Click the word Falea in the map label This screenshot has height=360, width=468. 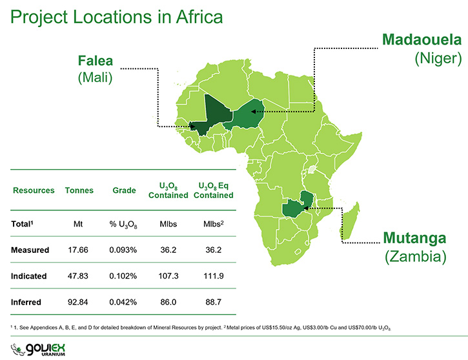(x=96, y=61)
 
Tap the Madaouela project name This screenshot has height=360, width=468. (x=422, y=39)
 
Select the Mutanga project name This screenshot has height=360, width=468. (x=414, y=238)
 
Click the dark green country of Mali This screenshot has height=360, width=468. (x=212, y=115)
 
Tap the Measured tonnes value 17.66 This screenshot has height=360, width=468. (x=78, y=250)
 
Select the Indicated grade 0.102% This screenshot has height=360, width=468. (x=123, y=276)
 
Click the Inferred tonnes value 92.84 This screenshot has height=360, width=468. (x=78, y=302)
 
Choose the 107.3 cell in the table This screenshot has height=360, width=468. (x=168, y=276)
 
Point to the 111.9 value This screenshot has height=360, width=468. (x=214, y=276)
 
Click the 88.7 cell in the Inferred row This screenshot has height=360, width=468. (x=214, y=302)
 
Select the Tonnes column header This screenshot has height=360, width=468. (x=79, y=190)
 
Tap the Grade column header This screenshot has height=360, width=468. (x=124, y=190)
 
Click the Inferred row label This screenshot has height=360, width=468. (x=26, y=302)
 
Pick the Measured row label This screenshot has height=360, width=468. (x=30, y=250)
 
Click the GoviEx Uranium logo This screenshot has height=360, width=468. (x=38, y=350)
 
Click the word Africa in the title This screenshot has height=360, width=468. (x=199, y=17)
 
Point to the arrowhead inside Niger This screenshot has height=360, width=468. (x=253, y=112)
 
